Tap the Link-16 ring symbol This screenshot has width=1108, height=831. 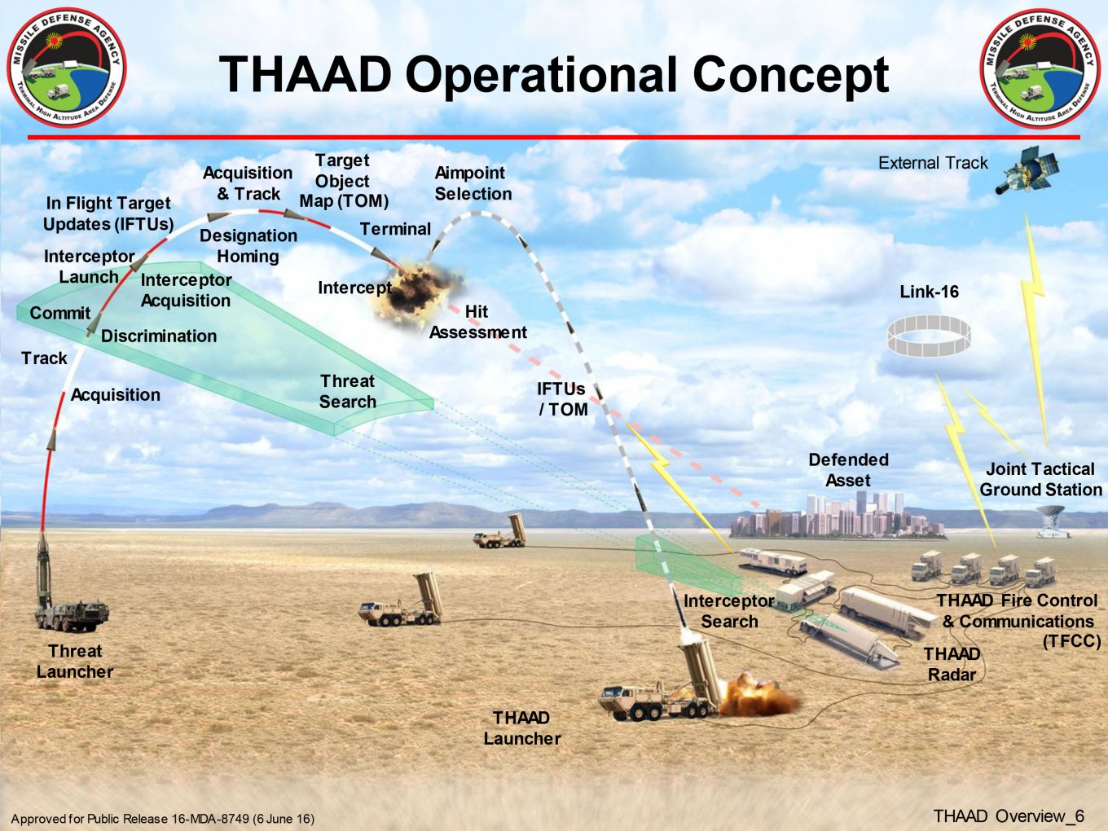[929, 336]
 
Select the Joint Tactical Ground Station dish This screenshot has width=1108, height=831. [1052, 520]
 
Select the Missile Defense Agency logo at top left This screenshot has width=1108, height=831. [67, 68]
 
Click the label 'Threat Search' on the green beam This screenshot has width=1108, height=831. [348, 392]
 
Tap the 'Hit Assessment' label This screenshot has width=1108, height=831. [478, 323]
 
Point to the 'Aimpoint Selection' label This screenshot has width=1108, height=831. [473, 183]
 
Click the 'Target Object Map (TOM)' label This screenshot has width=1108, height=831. [344, 181]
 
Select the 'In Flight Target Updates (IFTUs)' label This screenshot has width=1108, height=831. [108, 213]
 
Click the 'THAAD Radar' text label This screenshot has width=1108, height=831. [952, 664]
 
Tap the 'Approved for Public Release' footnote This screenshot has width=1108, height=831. [162, 819]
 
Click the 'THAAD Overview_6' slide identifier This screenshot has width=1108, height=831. [1009, 816]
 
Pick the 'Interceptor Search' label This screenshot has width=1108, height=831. [729, 611]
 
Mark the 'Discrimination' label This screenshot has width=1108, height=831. [159, 336]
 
